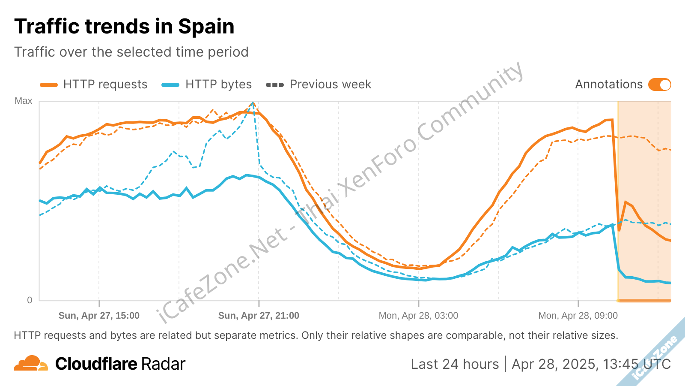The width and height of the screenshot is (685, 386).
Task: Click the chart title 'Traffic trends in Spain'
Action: [x=124, y=27]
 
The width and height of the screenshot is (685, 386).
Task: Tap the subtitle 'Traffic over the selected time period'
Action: [x=131, y=52]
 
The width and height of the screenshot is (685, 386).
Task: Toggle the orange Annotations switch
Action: [x=659, y=84]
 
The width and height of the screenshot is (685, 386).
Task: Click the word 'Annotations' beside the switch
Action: [x=608, y=84]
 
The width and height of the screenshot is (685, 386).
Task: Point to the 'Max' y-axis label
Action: [x=24, y=101]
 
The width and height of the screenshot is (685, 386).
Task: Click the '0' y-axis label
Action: [x=30, y=300]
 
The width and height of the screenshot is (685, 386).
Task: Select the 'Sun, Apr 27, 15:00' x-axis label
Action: [x=99, y=316]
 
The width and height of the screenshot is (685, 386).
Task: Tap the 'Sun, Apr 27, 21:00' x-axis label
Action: [x=259, y=316]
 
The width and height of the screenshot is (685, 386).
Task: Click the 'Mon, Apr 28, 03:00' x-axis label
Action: [x=418, y=316]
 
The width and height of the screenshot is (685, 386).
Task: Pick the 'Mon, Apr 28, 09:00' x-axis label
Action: [x=578, y=316]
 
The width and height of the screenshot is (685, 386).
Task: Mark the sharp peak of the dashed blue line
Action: [x=253, y=103]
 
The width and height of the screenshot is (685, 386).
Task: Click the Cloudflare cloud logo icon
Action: [x=30, y=363]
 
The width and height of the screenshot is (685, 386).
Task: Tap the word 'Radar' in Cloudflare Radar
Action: [x=163, y=364]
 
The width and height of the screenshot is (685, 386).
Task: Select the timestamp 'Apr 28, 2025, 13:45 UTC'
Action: [x=591, y=364]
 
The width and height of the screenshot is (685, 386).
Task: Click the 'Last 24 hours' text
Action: [x=455, y=364]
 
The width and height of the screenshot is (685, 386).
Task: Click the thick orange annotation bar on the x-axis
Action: [x=644, y=301]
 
